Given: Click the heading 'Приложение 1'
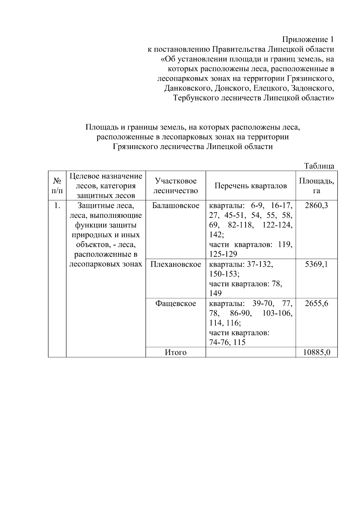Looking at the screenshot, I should click(308, 40).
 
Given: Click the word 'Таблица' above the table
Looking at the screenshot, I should click(319, 166).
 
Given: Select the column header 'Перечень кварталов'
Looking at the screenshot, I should click(250, 186).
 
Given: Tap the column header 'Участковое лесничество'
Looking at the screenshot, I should click(176, 186).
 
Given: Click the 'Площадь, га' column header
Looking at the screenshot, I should click(316, 186).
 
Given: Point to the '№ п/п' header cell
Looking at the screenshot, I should click(57, 186).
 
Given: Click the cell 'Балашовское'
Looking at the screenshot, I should click(176, 206).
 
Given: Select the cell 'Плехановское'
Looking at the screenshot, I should click(176, 264).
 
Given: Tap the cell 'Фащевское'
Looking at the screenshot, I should click(176, 304).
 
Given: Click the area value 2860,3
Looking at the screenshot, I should click(316, 206).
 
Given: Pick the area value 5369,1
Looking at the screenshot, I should click(316, 264).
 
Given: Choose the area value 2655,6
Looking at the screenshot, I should click(316, 304).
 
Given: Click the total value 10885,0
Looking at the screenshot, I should click(316, 352).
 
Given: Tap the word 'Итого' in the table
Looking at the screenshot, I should click(176, 352).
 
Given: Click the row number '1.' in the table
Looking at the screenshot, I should click(57, 206).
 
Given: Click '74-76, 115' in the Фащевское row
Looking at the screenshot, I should click(227, 343).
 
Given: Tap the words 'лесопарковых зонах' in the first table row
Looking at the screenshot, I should click(106, 264).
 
